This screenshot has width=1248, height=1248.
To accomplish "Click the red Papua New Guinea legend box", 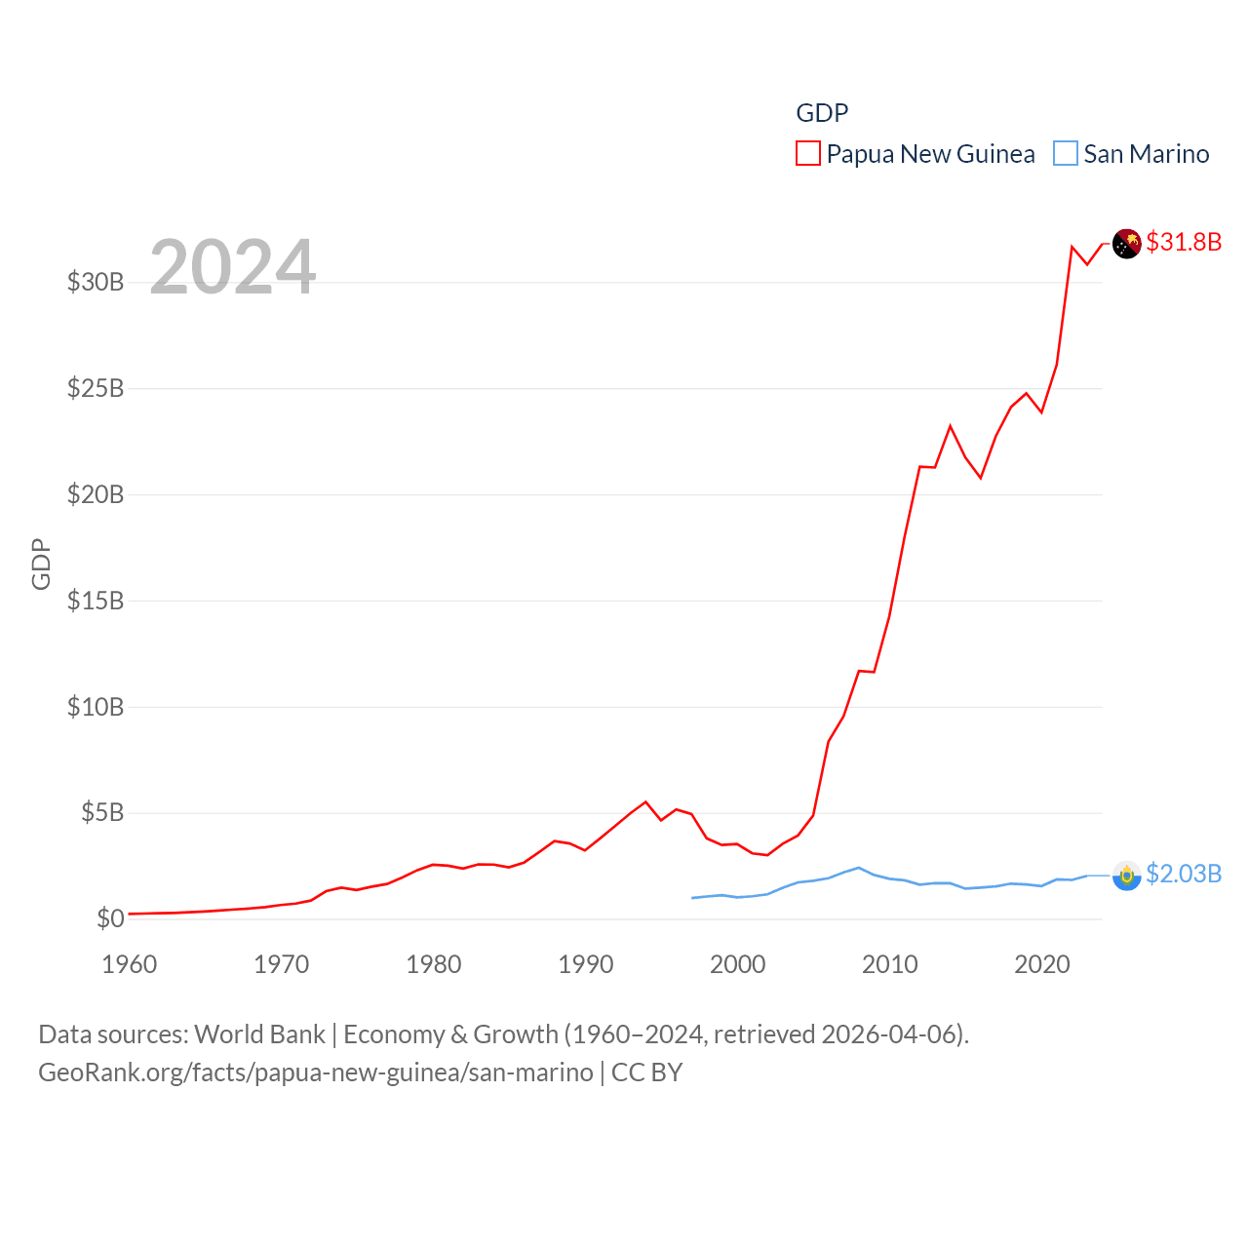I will point(808,153).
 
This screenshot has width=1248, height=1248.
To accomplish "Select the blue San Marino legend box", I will point(1066,153).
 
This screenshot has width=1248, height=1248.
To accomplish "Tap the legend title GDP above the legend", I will point(822,113).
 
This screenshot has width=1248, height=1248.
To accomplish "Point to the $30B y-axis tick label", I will point(96,282).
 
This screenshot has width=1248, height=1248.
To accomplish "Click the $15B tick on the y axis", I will point(96,601).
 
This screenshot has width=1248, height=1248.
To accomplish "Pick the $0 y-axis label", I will point(110,918).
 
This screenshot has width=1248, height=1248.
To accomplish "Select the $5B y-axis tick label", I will point(102,812).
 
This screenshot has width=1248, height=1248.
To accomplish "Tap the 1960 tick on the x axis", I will point(130,964).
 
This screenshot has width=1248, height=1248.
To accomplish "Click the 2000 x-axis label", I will point(738,964).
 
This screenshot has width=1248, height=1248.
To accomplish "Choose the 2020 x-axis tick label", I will point(1042,964).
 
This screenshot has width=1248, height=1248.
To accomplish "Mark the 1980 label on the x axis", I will point(434,964).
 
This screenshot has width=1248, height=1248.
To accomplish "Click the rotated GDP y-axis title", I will point(41,564).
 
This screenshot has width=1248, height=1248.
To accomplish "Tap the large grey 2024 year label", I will point(233,266).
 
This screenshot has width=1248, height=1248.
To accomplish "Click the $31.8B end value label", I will point(1184,242).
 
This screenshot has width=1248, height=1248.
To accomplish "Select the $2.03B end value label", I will point(1184,874).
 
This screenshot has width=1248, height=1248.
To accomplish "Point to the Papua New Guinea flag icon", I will point(1127,244).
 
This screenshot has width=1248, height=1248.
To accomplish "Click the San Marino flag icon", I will point(1127,876).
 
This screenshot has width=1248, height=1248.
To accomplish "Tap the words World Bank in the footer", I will point(260,1033).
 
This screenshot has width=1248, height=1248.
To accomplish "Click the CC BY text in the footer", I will point(646,1072).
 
